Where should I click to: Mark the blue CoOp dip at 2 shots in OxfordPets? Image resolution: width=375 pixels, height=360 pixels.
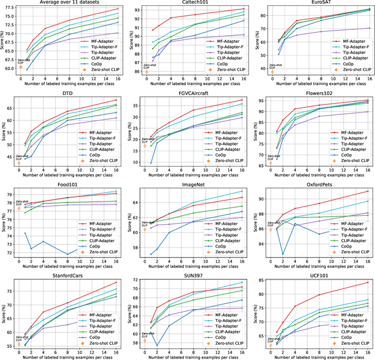[x=283, y=254]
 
